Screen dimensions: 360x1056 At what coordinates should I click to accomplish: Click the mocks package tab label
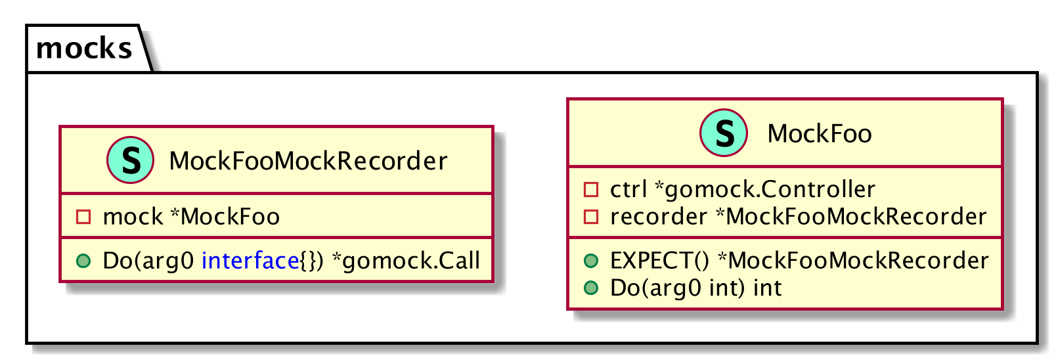point(84,49)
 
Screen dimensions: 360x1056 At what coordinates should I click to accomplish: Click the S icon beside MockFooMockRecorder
point(131,160)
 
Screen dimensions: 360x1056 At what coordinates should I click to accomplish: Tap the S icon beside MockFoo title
point(724,133)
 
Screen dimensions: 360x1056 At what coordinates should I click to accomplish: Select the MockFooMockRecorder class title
point(308,161)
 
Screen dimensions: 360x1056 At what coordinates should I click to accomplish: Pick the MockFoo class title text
point(819,134)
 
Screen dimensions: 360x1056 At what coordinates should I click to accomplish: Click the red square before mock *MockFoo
point(83,217)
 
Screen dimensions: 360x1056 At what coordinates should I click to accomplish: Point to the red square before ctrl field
point(591,190)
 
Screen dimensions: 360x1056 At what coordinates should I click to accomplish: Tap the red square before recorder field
point(591,217)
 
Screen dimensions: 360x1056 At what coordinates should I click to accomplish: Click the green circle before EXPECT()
point(591,261)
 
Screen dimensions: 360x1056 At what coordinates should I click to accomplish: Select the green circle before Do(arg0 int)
point(591,288)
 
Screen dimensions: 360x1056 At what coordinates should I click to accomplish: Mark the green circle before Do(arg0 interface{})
point(83,261)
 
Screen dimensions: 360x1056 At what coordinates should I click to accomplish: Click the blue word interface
point(250,261)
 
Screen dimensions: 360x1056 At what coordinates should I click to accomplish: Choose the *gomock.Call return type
point(406,261)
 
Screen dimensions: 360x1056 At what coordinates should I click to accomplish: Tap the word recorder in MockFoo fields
point(658,217)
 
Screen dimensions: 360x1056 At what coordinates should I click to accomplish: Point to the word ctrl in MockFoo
point(628,190)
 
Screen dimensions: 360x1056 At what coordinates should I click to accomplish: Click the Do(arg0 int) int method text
point(695,288)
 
